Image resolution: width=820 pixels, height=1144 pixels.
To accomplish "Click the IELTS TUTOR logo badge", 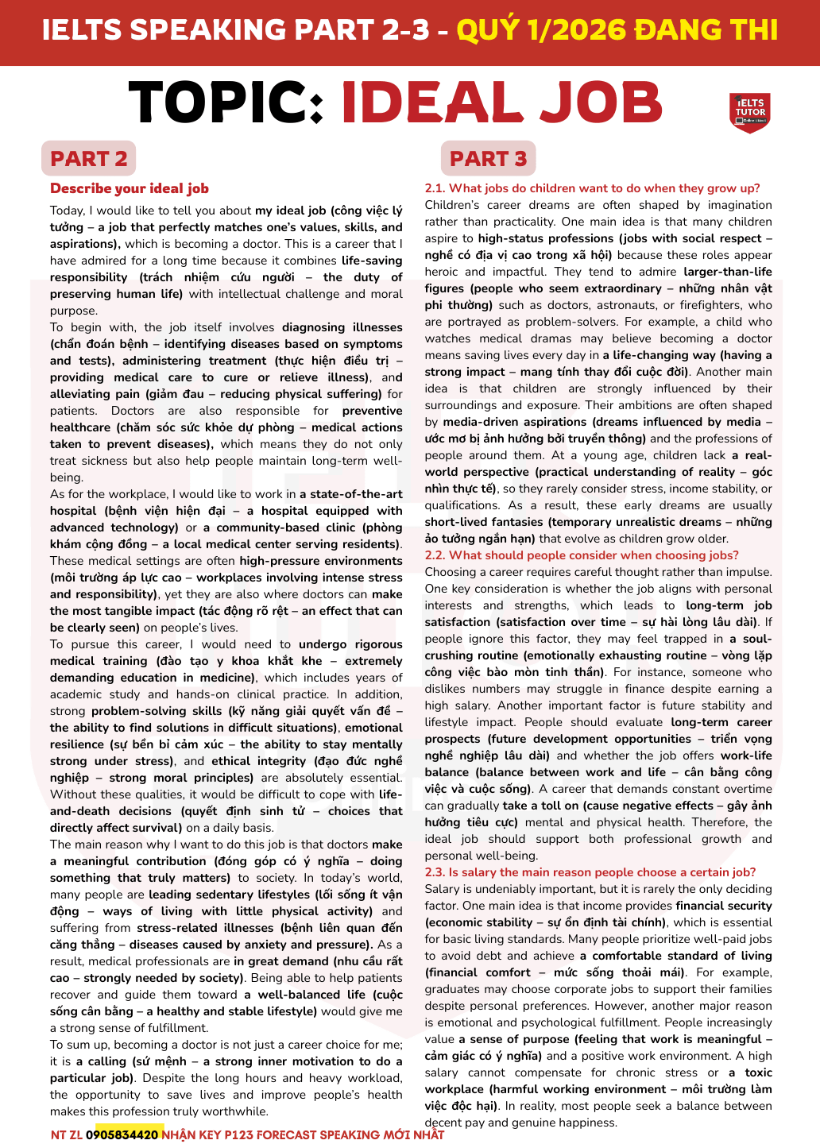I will click(x=749, y=112).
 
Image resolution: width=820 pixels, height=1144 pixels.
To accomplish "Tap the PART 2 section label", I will click(x=88, y=159).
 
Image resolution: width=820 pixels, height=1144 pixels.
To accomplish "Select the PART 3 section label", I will click(x=488, y=159).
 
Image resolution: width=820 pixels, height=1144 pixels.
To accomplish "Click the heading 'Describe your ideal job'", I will click(x=130, y=188).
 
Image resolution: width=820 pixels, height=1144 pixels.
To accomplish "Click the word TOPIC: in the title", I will click(x=226, y=103).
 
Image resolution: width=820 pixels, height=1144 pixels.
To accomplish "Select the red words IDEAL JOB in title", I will click(x=501, y=103).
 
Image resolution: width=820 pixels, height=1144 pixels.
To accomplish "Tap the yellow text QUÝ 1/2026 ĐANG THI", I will click(x=617, y=30).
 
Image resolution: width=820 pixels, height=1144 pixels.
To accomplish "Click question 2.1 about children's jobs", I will click(x=592, y=188).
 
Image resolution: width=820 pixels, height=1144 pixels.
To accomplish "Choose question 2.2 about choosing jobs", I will click(x=582, y=555).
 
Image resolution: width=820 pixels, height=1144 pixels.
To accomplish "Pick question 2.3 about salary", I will click(x=590, y=872).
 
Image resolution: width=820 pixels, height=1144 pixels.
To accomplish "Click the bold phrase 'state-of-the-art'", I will click(x=356, y=494).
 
